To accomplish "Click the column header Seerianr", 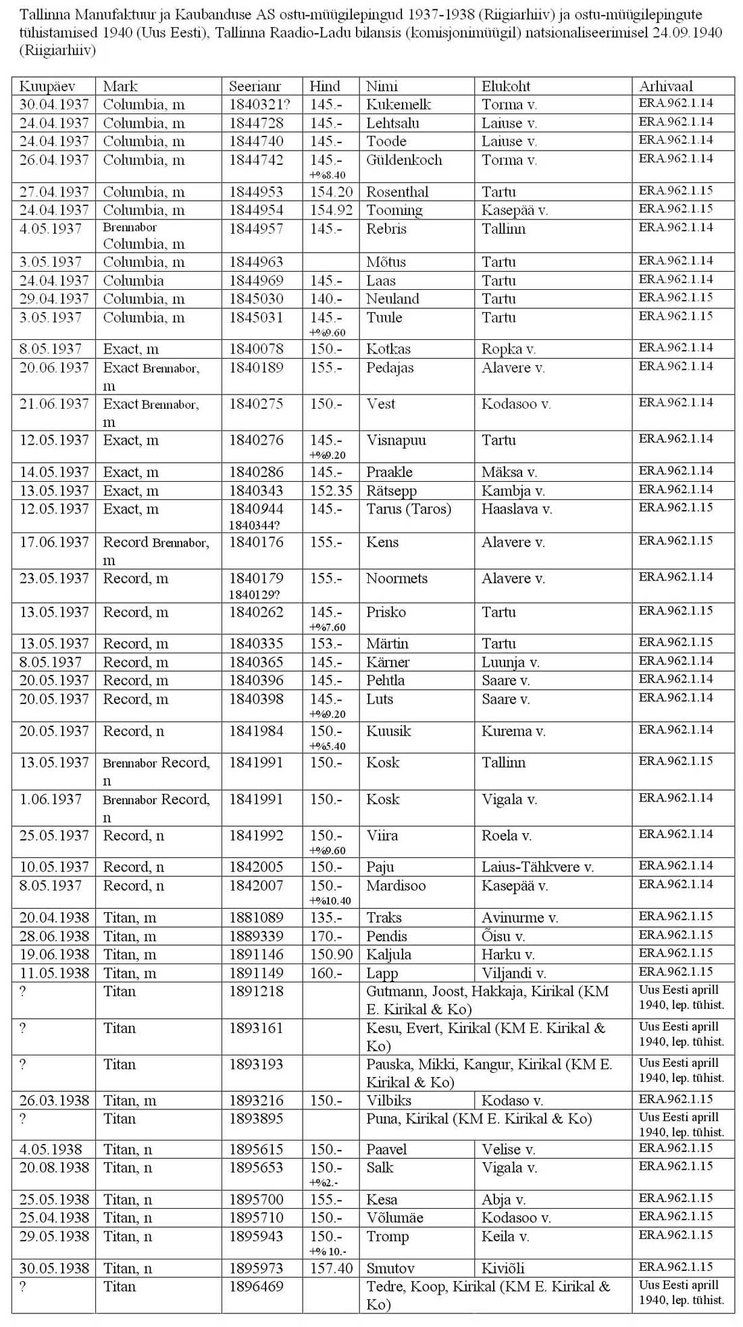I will [255, 86].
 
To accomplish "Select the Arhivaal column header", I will [666, 86].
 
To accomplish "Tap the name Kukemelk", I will [399, 105].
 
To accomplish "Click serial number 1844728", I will [256, 123].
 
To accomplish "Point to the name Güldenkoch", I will [404, 160].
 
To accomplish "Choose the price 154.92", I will [331, 210].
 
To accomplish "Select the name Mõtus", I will [387, 262].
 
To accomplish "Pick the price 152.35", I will [331, 491].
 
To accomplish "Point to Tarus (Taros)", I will [409, 509].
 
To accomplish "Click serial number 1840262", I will [256, 613].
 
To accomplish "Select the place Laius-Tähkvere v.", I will [538, 868].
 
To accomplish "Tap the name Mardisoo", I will [396, 886].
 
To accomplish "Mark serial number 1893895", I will [256, 1119].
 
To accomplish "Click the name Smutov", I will [390, 1268].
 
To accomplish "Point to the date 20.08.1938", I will [54, 1168].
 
